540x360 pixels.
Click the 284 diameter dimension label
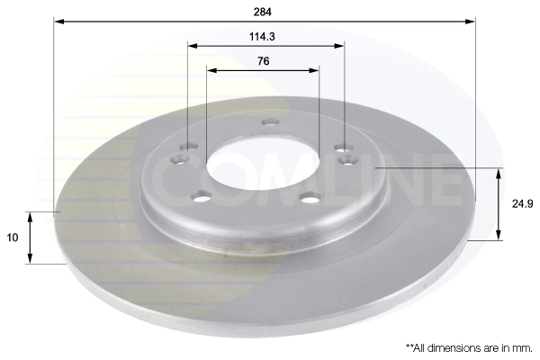click(263, 12)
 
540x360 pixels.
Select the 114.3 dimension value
click(262, 37)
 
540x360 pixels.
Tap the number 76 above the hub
click(263, 61)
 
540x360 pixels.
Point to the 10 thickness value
click(12, 238)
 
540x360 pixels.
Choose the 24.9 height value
click(522, 204)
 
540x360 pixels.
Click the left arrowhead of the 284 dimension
click(59, 22)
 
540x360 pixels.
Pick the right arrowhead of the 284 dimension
click(470, 22)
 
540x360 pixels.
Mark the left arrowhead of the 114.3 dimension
click(193, 46)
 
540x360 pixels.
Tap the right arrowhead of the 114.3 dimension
click(339, 46)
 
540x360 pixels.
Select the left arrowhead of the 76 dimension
click(211, 70)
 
